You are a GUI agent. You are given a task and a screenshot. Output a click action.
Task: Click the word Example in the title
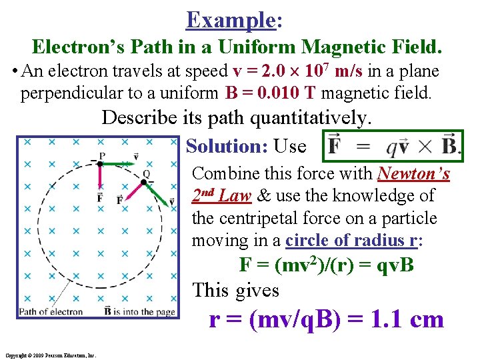click(x=231, y=19)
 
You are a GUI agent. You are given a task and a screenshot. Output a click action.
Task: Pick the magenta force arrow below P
click(x=100, y=177)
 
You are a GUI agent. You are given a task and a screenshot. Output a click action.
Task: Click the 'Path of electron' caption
click(x=51, y=311)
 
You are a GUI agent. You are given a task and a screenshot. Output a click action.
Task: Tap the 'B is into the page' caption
click(x=140, y=311)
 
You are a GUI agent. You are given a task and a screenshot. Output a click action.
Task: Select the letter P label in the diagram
click(x=101, y=155)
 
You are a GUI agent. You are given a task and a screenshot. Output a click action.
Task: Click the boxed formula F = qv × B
click(x=393, y=146)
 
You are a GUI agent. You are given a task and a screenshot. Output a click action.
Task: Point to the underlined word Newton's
click(x=413, y=173)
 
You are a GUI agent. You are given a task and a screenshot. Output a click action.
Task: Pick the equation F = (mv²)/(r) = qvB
click(x=327, y=265)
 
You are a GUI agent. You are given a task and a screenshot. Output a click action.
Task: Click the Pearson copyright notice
click(x=50, y=355)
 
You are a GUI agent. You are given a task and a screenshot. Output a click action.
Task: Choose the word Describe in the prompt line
click(x=139, y=119)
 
